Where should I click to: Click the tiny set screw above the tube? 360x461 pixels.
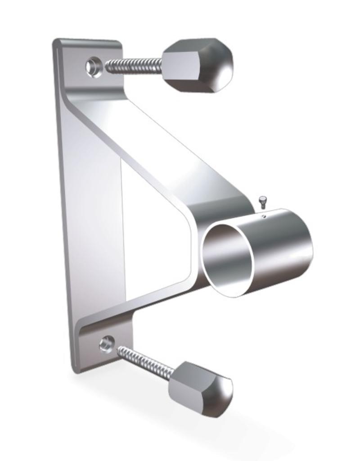(x=263, y=200)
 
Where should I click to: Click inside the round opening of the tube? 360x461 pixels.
(x=227, y=259)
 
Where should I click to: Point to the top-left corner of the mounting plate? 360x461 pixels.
(x=56, y=42)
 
